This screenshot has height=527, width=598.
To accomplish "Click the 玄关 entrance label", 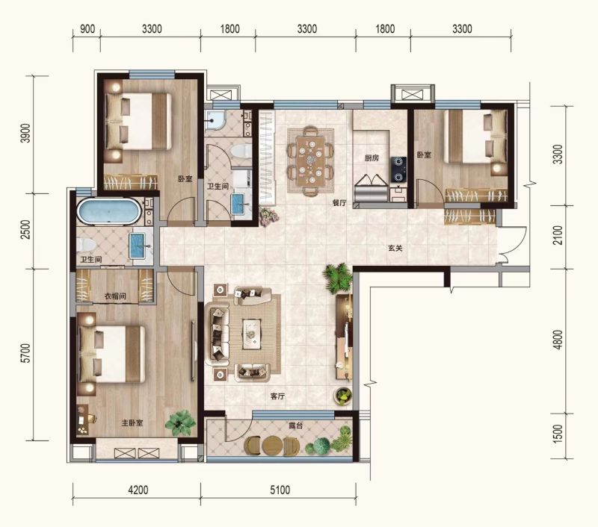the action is click(x=395, y=249).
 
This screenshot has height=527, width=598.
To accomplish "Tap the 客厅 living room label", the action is click(x=277, y=396).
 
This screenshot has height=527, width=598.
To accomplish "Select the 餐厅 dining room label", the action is click(x=339, y=203).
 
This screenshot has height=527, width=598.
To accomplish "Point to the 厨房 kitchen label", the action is click(x=372, y=158).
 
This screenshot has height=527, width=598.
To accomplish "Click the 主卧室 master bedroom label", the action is click(x=132, y=423).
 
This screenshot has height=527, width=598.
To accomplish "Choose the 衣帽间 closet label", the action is click(x=115, y=296).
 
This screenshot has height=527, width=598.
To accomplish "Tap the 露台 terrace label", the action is click(x=295, y=425).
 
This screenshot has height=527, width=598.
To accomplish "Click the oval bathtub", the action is click(x=109, y=211).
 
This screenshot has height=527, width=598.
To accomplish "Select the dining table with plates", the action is click(x=310, y=160).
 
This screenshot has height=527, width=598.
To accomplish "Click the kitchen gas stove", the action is click(x=398, y=169).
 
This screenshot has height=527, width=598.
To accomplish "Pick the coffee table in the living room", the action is click(x=252, y=334).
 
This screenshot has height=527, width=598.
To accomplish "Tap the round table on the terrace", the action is click(x=272, y=445).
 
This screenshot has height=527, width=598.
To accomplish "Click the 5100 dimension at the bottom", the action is click(x=280, y=490).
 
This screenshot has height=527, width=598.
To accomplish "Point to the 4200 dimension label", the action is click(x=138, y=490).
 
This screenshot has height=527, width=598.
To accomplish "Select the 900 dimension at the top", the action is click(x=87, y=29).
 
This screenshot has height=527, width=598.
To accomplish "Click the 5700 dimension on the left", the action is click(x=25, y=353).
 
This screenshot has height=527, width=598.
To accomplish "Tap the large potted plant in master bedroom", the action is click(x=180, y=422).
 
